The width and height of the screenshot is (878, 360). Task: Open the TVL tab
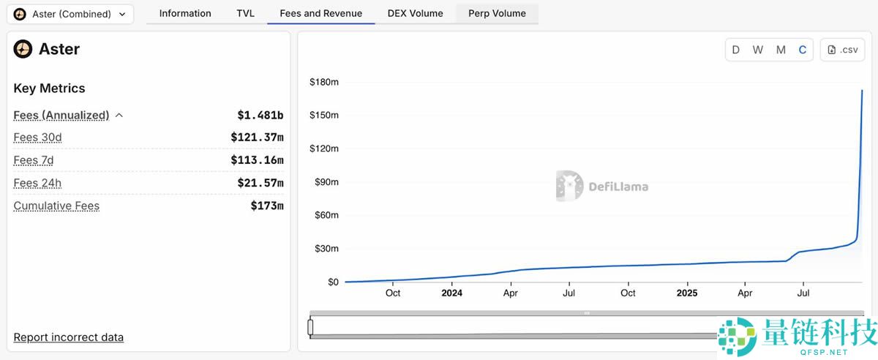coord(245,13)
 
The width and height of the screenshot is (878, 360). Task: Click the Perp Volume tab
coord(497,13)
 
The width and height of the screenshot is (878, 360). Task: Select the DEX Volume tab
coord(416,13)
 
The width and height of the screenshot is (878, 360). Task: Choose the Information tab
coord(185,13)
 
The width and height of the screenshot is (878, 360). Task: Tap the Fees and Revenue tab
coord(320,13)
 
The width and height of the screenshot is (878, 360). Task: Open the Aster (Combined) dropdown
coord(70,14)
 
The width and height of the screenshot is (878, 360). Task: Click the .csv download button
coord(842,50)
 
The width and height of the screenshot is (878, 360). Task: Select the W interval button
coord(758,50)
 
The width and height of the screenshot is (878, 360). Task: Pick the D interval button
coord(736,50)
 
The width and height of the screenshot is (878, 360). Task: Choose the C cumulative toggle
coord(803,50)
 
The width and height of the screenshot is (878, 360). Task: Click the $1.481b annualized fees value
coord(260,115)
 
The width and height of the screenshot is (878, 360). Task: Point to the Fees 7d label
coord(34,160)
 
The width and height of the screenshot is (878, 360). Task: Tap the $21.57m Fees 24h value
coord(260,183)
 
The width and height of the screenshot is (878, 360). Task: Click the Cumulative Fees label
coord(56,206)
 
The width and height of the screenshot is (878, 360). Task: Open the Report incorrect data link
coord(69,337)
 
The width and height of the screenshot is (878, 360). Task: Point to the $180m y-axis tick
coord(324,82)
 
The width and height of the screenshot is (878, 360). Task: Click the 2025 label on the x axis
coord(687,293)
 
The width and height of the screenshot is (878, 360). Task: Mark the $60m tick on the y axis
coord(326,215)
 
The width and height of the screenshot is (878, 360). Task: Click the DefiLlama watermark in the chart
coord(602,186)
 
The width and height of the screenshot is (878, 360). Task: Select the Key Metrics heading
coord(49,89)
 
